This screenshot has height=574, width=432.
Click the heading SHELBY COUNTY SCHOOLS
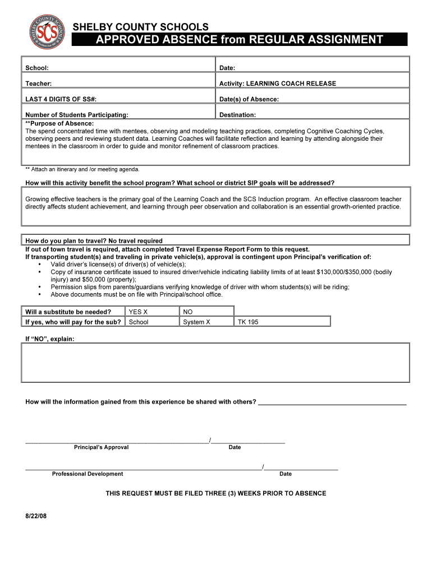(x=141, y=27)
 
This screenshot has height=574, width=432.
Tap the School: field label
(x=37, y=68)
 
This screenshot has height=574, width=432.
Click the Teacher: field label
(x=39, y=84)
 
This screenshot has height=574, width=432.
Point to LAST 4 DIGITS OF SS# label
(x=61, y=99)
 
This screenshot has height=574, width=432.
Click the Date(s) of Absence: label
(x=249, y=99)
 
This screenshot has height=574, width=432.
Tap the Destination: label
(x=237, y=115)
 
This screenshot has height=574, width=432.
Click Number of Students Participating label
(x=77, y=115)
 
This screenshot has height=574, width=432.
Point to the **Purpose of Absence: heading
(x=59, y=123)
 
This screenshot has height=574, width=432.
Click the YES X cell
(x=138, y=312)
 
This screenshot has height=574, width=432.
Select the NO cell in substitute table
(x=188, y=312)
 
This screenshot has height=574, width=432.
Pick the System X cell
(x=196, y=322)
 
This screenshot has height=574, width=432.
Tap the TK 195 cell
(x=248, y=322)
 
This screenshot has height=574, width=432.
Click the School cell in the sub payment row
(x=139, y=322)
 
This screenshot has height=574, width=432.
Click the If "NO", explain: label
(x=49, y=339)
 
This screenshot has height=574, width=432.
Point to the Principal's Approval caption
(x=101, y=447)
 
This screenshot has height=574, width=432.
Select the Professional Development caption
(x=88, y=474)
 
